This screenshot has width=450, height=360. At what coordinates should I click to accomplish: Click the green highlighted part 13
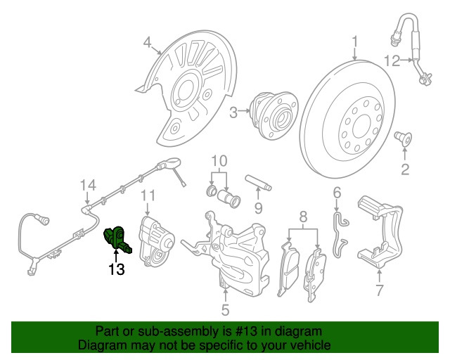(x=116, y=239)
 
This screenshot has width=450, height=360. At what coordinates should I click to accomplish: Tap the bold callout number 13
(x=116, y=268)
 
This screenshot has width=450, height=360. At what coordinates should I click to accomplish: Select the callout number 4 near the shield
(x=148, y=43)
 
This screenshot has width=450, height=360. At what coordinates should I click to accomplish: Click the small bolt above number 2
(x=405, y=138)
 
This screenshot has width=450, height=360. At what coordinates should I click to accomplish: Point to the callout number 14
(x=87, y=185)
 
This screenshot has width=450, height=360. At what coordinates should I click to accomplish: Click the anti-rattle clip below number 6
(x=340, y=231)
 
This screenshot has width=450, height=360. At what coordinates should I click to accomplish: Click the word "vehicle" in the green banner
(x=304, y=345)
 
